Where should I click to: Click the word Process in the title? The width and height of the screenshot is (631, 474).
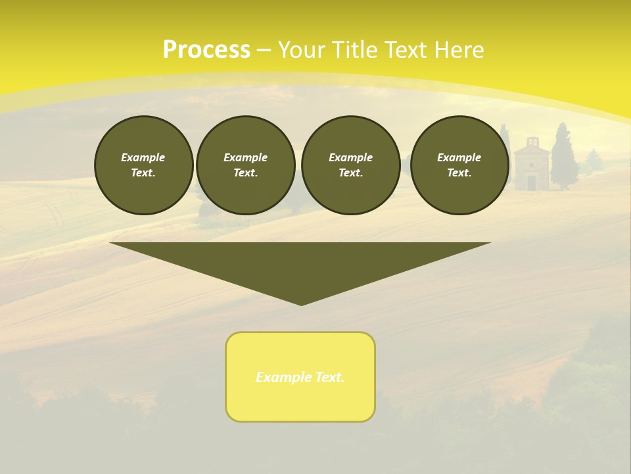(x=206, y=50)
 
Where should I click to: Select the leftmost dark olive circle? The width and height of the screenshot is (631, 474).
(x=143, y=165)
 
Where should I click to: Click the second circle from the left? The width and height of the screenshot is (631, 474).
(x=245, y=165)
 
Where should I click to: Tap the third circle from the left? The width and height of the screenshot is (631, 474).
(x=350, y=165)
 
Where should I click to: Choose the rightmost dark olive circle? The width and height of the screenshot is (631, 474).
(x=459, y=165)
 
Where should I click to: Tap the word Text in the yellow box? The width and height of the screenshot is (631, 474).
(x=330, y=377)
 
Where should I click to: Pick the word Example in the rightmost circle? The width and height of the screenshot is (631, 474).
(x=459, y=157)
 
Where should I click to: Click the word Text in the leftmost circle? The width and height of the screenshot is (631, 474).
(x=143, y=173)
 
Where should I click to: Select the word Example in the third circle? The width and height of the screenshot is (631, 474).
(x=350, y=157)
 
